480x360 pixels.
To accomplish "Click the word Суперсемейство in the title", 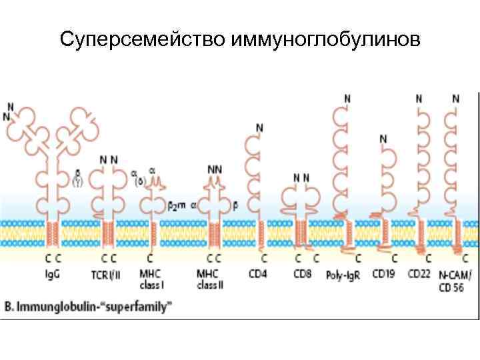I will [143, 41].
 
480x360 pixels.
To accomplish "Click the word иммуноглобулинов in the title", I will [326, 41].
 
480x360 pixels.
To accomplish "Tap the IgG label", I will [51, 273].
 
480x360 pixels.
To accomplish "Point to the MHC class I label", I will [154, 279].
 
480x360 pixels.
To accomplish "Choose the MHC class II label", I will [211, 279].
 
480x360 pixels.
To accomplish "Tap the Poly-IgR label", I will [343, 274].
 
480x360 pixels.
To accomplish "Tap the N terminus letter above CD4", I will [259, 127].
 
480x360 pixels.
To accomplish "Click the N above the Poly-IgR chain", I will [347, 99].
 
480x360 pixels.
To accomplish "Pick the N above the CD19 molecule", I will [383, 139].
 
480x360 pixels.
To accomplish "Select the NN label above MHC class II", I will [215, 169].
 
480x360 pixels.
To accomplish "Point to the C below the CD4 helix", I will [264, 257].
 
